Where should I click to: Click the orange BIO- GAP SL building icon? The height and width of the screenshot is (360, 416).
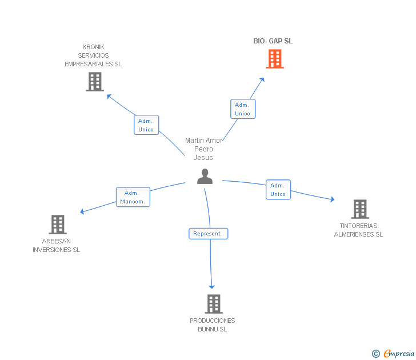point(275,59)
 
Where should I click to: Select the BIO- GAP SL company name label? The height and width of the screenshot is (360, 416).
point(273,41)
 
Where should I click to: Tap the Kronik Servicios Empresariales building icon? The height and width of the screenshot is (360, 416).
point(94,82)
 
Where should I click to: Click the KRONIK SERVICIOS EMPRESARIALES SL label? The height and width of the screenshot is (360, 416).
point(93,55)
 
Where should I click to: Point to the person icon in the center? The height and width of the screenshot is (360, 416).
point(205,177)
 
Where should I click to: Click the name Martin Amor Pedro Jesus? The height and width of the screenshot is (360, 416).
point(204,149)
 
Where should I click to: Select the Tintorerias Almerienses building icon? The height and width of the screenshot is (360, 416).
point(359,209)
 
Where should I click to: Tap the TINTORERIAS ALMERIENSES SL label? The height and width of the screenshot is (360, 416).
point(358,230)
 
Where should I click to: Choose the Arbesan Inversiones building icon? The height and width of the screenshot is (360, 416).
point(58,225)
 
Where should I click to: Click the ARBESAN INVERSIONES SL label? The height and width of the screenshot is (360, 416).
point(56,246)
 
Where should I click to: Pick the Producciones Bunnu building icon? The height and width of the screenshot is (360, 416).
point(213,304)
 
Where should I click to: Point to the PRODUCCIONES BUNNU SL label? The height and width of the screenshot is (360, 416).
point(213,325)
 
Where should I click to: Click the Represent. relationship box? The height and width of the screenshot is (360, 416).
point(208,234)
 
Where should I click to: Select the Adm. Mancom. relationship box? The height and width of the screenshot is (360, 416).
point(133,197)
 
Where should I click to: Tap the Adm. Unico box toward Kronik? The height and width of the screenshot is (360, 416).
point(146,125)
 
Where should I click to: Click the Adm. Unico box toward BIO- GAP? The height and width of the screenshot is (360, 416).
point(243,109)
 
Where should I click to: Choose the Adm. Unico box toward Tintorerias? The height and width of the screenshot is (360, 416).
point(278,190)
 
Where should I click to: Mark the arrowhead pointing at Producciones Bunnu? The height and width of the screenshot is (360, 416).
point(212,286)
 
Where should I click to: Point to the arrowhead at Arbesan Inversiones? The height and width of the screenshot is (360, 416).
point(83,212)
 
